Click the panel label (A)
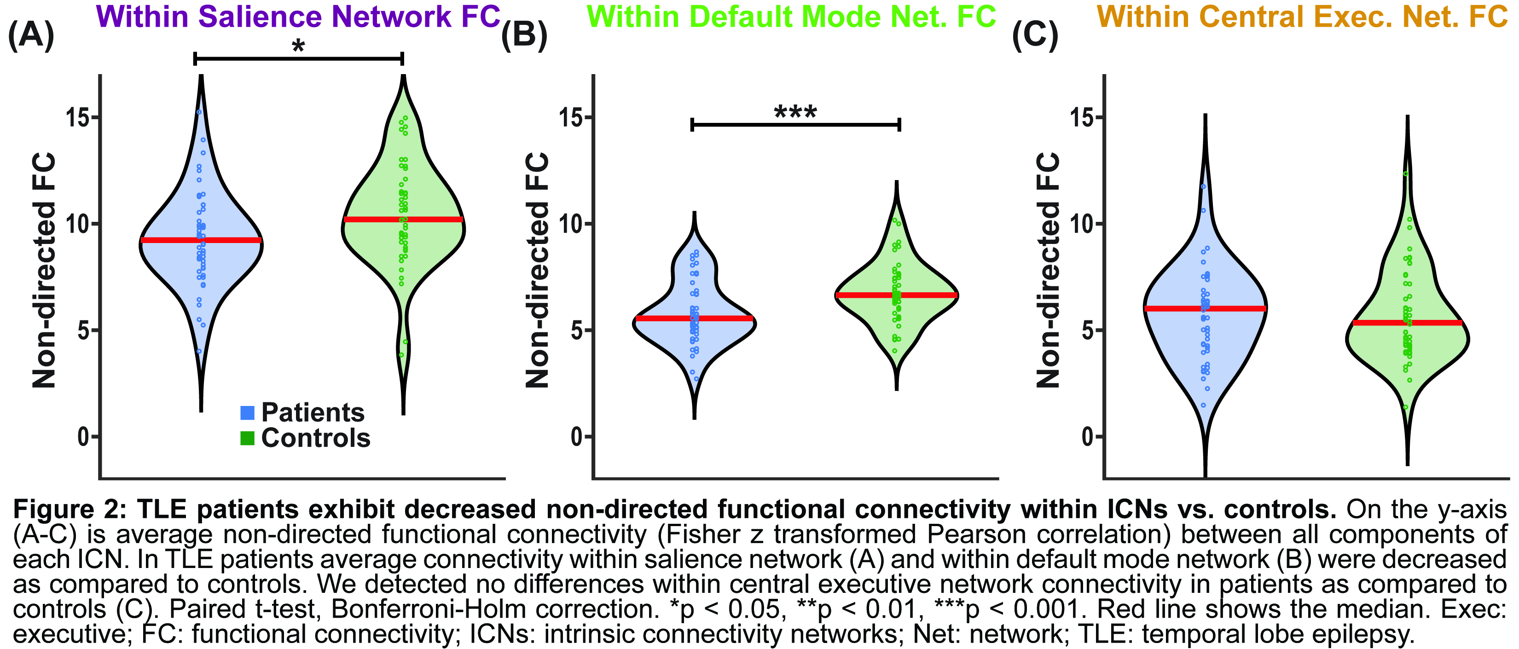pos(31,35)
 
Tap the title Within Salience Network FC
pos(298,16)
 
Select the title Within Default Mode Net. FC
pos(791,16)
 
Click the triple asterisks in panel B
pos(795,112)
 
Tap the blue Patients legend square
pos(248,412)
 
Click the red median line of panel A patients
pos(201,240)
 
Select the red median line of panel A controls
pos(403,219)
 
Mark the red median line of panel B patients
pos(694,319)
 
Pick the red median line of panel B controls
pos(896,295)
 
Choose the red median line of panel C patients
pos(1205,308)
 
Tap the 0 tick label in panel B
pos(577,437)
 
